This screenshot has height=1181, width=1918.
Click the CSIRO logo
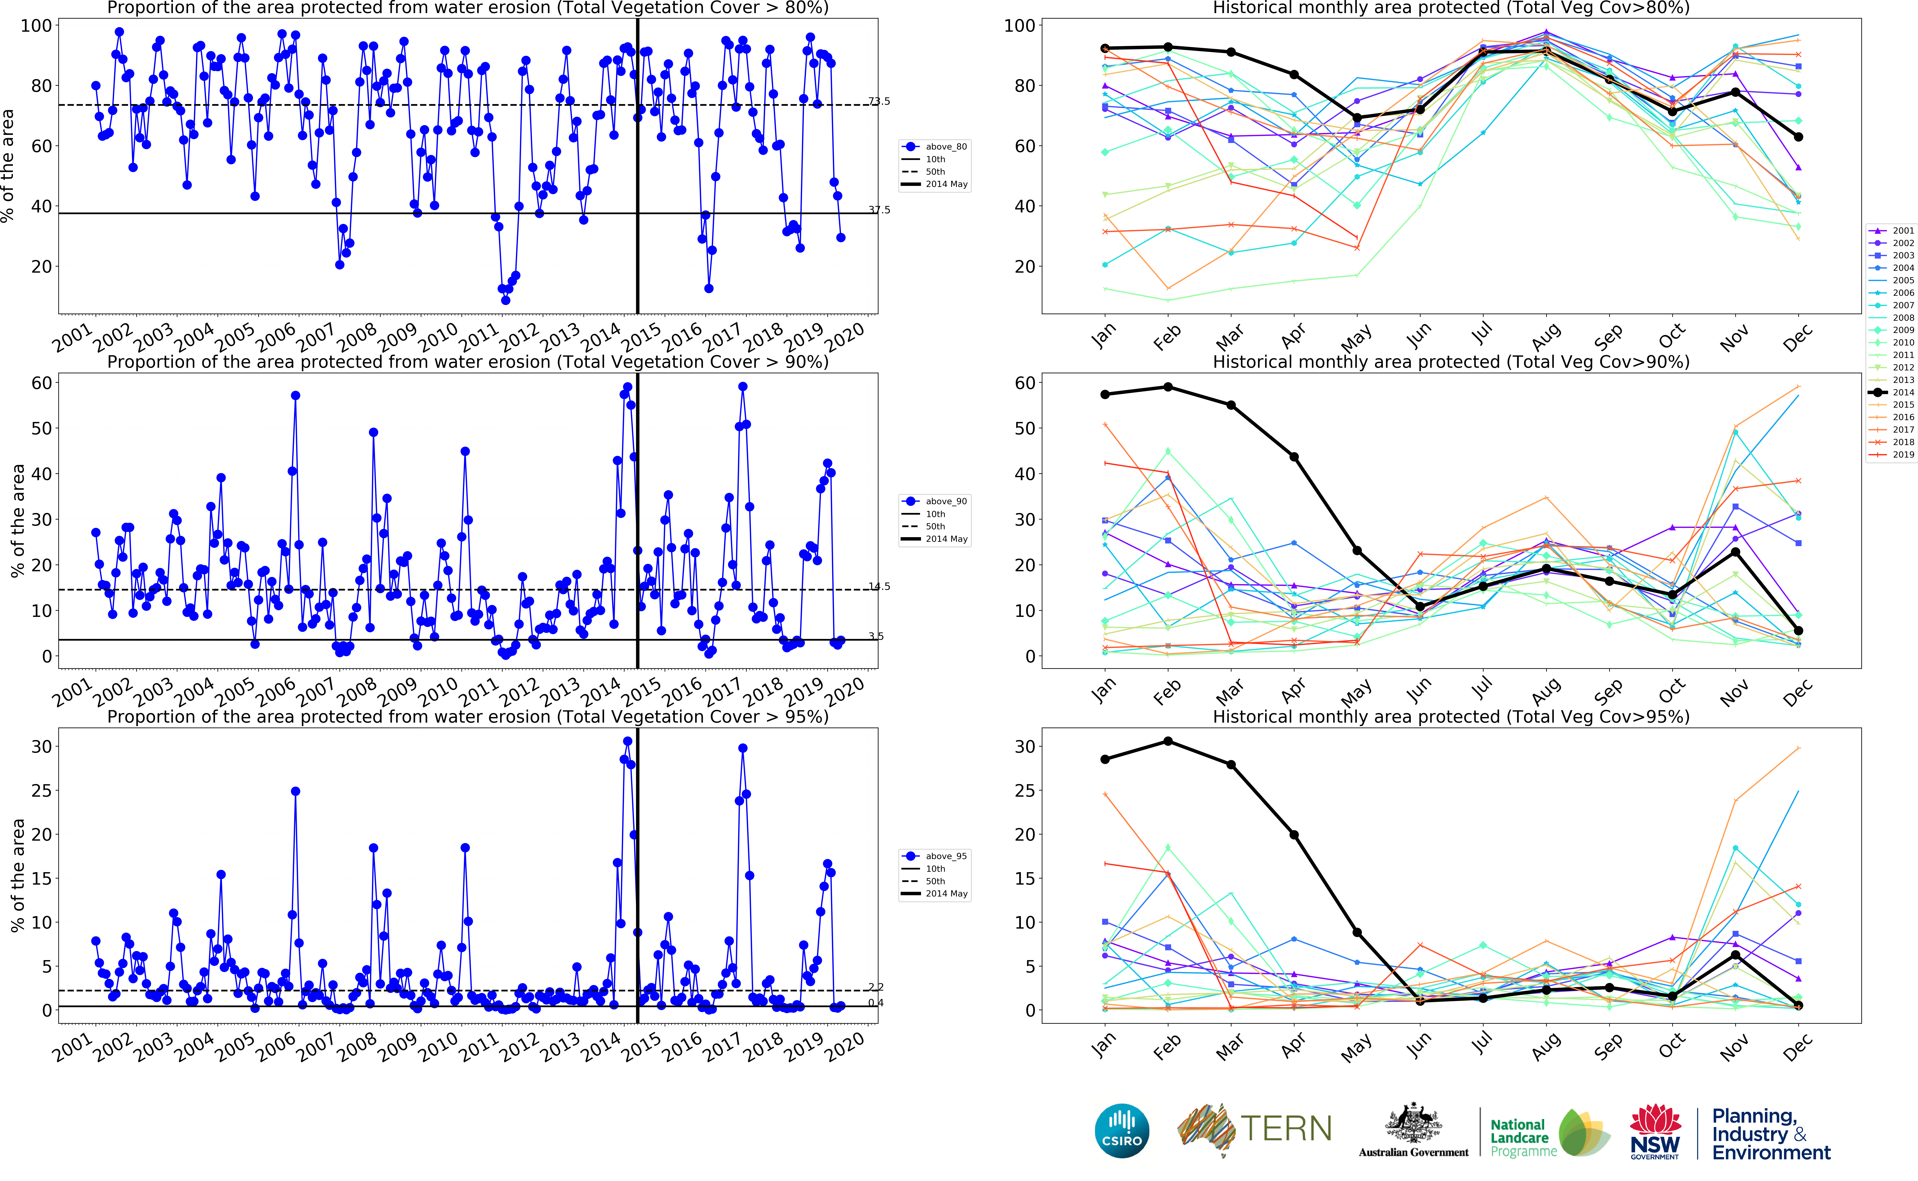[x=1122, y=1130]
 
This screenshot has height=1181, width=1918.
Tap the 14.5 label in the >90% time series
[x=879, y=587]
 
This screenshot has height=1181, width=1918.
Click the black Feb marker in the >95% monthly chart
[x=1168, y=740]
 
